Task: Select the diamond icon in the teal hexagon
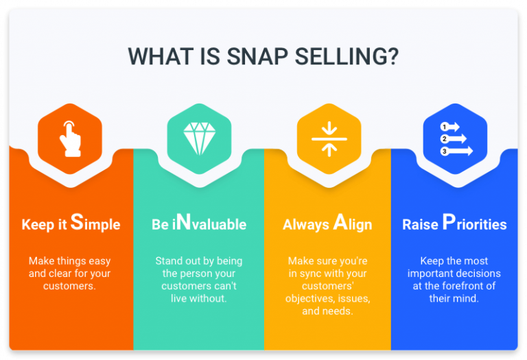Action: click(x=199, y=138)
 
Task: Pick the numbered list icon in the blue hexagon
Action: click(x=456, y=138)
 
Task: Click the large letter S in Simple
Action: click(x=77, y=223)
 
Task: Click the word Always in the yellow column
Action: click(x=306, y=224)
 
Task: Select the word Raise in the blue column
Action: click(x=420, y=224)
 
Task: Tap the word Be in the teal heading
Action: click(x=159, y=224)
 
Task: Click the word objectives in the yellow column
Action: click(x=310, y=298)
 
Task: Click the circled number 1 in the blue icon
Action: click(x=444, y=127)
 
